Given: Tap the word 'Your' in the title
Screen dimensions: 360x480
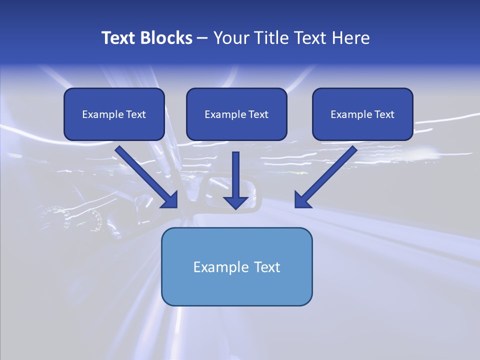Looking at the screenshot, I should (x=230, y=38).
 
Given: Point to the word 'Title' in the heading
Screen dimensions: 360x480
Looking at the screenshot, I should (x=270, y=38).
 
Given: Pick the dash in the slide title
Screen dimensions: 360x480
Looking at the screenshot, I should (x=202, y=38).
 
